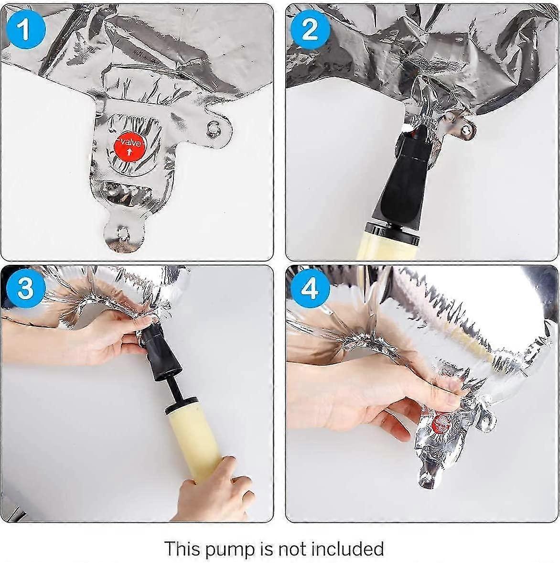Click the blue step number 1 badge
25,29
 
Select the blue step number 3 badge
25,288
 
